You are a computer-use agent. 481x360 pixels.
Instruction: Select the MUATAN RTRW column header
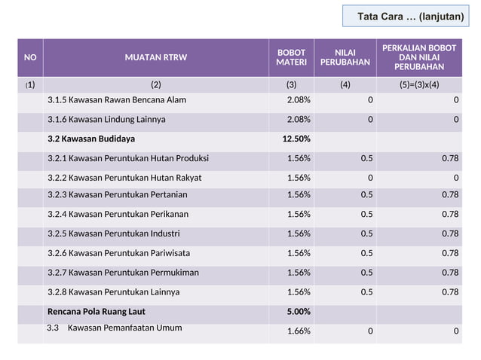[156, 57]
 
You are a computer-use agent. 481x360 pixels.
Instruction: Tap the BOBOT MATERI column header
[291, 57]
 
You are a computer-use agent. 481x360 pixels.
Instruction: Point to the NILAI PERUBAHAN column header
[345, 57]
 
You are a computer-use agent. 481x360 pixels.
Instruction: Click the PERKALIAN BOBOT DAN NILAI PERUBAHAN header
[419, 57]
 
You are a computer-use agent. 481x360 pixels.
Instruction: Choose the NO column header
[30, 57]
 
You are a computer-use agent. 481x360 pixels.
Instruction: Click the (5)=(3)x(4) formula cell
[419, 84]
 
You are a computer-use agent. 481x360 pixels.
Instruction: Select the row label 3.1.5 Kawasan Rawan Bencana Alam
[117, 100]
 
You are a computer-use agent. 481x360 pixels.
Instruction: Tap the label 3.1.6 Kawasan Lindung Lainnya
[106, 120]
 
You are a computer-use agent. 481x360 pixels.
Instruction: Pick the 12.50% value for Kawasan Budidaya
[296, 139]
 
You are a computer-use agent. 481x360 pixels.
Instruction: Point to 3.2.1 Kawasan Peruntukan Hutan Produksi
[128, 158]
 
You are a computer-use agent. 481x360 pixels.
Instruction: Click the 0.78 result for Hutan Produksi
[449, 158]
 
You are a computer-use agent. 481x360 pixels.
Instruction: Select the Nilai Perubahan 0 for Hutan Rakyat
[369, 178]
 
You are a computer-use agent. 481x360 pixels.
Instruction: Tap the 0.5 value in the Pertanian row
[366, 195]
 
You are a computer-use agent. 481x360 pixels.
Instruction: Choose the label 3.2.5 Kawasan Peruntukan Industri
[114, 233]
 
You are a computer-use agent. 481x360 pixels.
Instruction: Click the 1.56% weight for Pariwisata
[299, 253]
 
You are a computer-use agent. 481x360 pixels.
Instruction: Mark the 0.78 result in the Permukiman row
[449, 273]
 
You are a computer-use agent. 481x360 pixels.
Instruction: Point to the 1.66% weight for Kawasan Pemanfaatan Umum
[299, 331]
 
